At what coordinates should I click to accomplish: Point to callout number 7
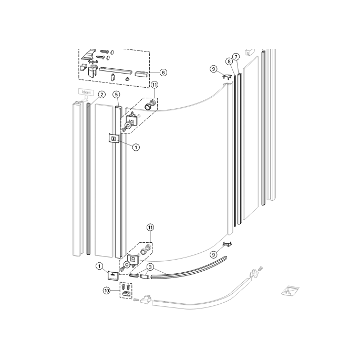click(236, 56)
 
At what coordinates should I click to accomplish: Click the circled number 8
click(229, 61)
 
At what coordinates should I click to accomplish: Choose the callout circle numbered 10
click(107, 290)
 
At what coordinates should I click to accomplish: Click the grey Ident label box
click(85, 92)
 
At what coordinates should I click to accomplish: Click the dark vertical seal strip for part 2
click(89, 179)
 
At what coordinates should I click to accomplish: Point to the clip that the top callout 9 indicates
click(227, 77)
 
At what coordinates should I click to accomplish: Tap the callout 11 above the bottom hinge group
click(151, 227)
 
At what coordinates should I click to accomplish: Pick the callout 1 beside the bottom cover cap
click(99, 266)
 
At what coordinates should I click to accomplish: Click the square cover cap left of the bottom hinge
click(113, 274)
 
